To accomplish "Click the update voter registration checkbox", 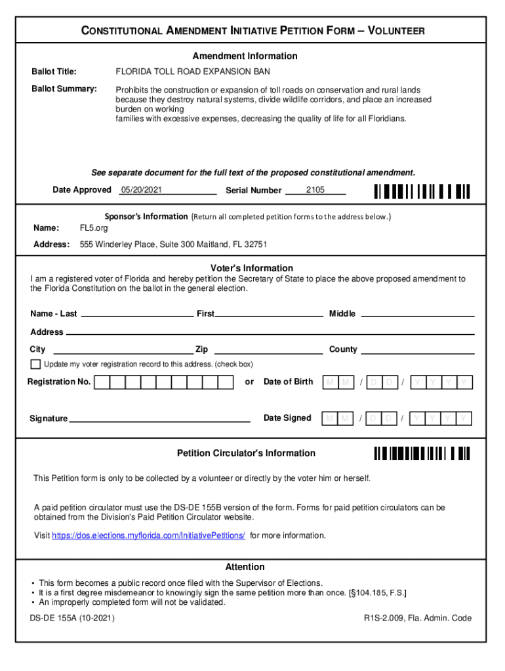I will click(x=35, y=364).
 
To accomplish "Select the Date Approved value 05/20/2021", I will click(x=141, y=190).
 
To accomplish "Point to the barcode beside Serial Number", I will click(x=422, y=191).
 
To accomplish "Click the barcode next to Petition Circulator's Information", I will click(x=422, y=453).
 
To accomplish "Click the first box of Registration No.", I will click(x=102, y=382).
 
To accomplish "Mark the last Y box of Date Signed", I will click(x=464, y=418).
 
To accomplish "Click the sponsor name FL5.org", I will click(x=94, y=228).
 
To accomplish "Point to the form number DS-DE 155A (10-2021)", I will click(x=72, y=618).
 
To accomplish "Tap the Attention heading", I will click(x=245, y=567).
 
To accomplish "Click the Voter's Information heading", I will click(x=252, y=268).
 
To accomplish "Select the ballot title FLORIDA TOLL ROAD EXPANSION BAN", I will click(x=193, y=71).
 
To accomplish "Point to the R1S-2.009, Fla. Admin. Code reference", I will click(x=418, y=618).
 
